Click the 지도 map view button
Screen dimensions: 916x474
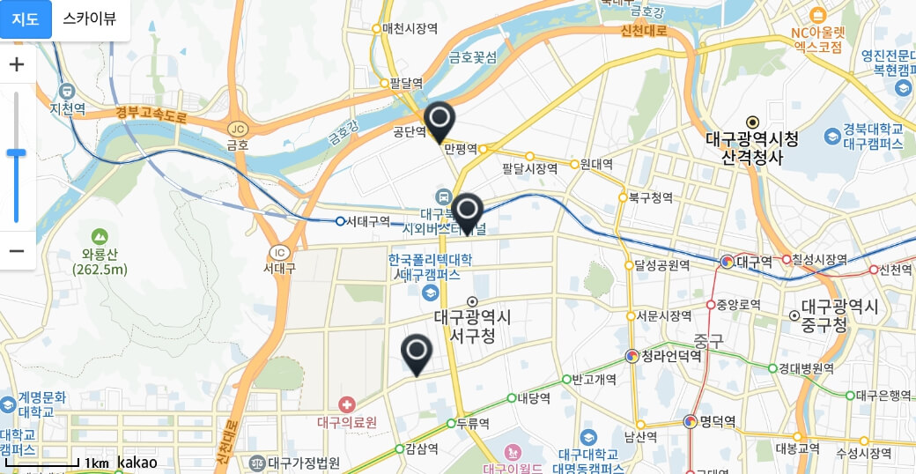26,19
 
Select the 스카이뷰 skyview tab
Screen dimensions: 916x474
89,19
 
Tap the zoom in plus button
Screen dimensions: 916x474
17,64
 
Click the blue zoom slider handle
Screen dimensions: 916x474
17,153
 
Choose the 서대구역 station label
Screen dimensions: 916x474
367,221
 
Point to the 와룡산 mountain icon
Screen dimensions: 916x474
100,236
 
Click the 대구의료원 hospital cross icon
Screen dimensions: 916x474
347,404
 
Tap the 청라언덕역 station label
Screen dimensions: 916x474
671,356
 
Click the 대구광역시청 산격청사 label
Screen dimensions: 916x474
752,148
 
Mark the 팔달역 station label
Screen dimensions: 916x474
406,84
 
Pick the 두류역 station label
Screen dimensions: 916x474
473,423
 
